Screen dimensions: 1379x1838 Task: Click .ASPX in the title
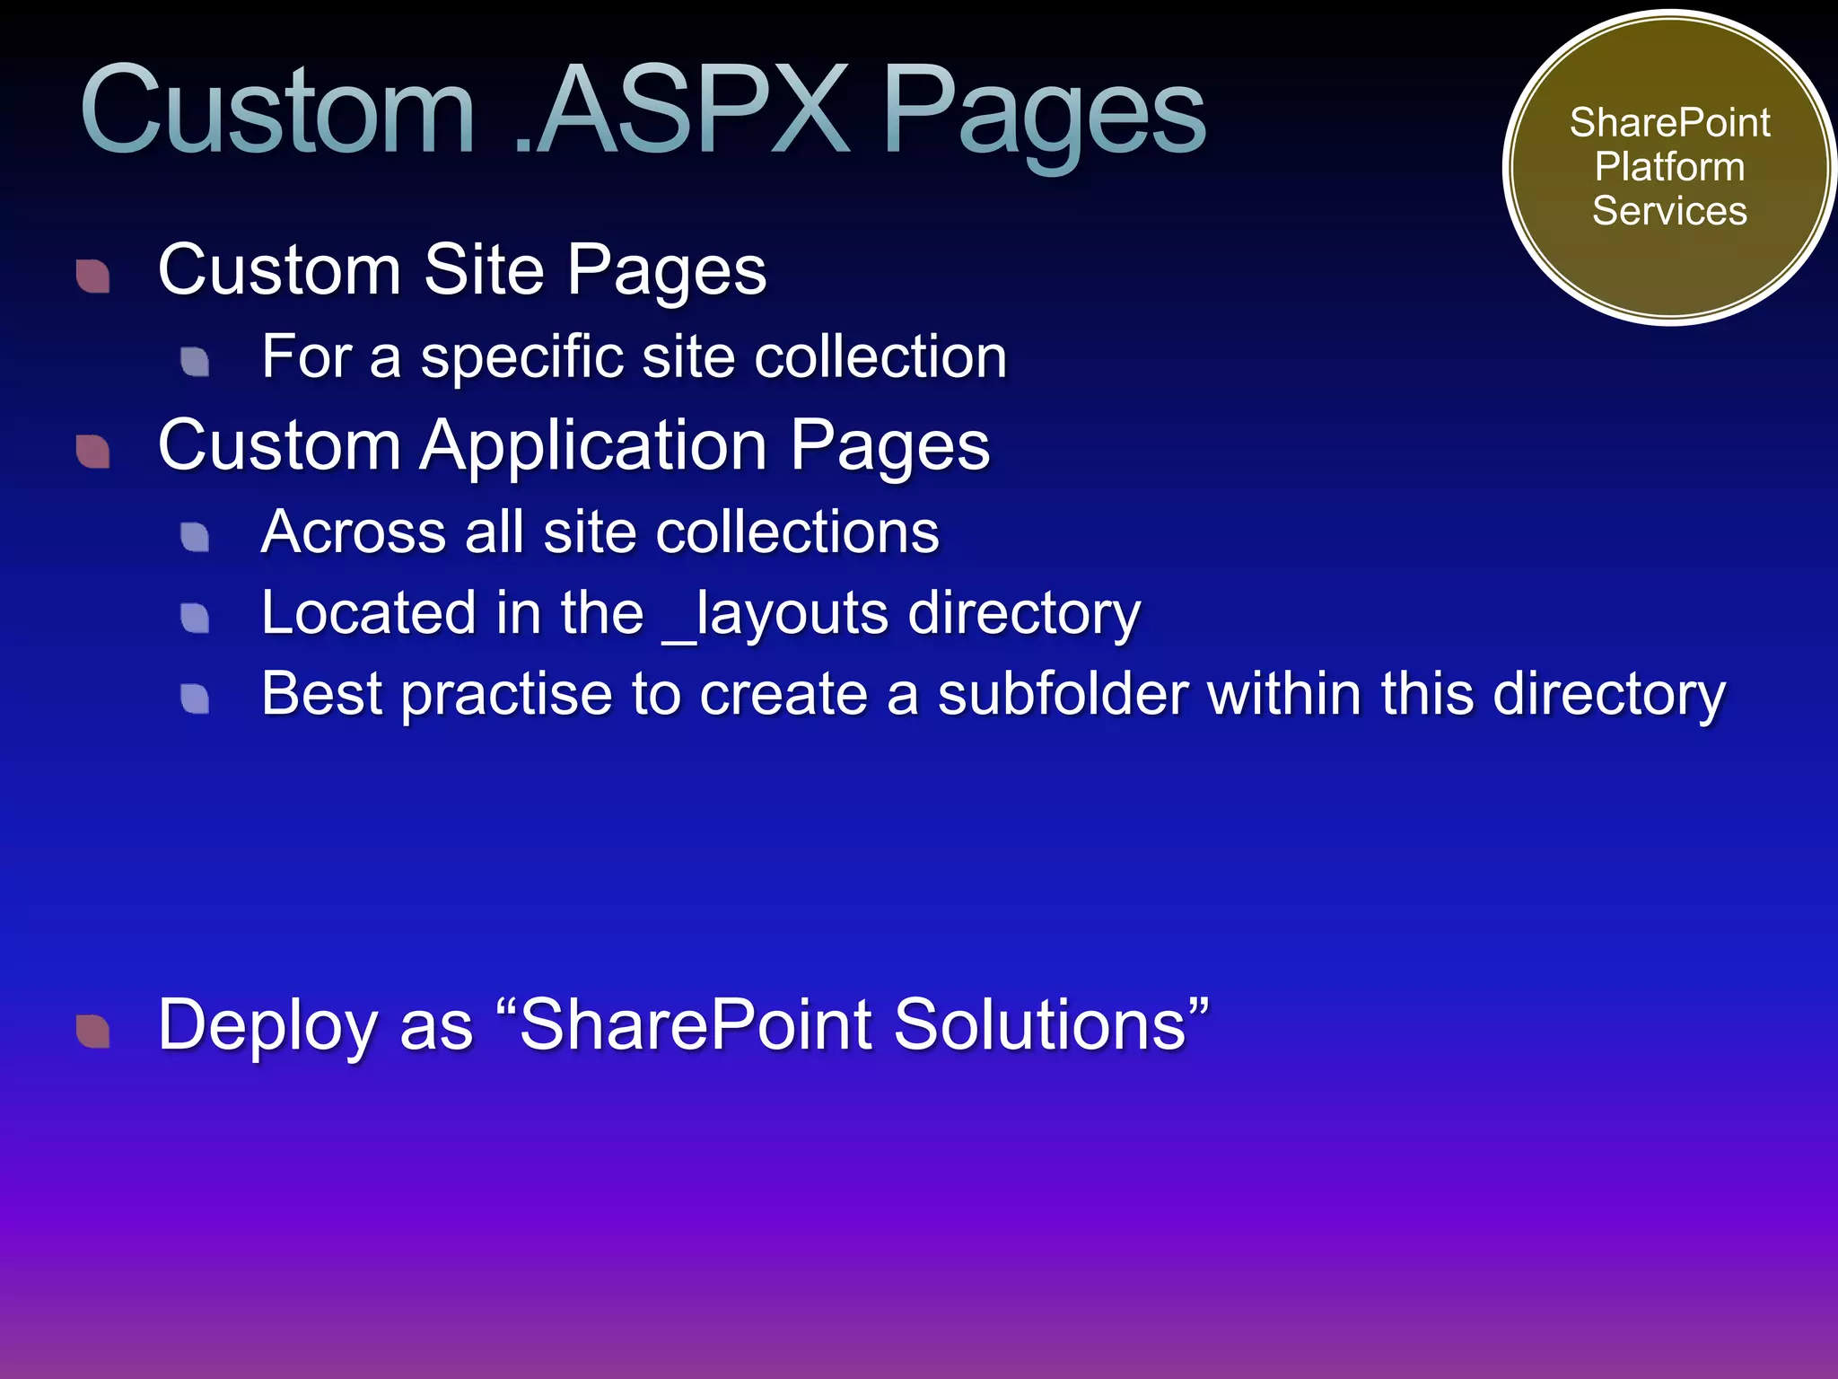(x=682, y=111)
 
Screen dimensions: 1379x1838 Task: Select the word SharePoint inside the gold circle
(x=1669, y=123)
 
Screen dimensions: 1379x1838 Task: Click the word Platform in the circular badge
(x=1669, y=167)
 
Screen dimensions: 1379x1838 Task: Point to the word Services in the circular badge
(x=1669, y=211)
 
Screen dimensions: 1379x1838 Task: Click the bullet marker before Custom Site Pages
(x=93, y=277)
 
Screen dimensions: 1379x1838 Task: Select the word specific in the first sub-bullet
(x=521, y=357)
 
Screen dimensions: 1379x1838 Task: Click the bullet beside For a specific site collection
(x=195, y=362)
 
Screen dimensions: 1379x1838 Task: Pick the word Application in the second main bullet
(x=593, y=445)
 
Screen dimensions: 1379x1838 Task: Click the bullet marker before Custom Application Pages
(x=93, y=452)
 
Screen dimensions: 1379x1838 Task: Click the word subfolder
(x=1063, y=694)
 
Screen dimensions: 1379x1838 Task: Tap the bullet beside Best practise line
(x=195, y=698)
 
